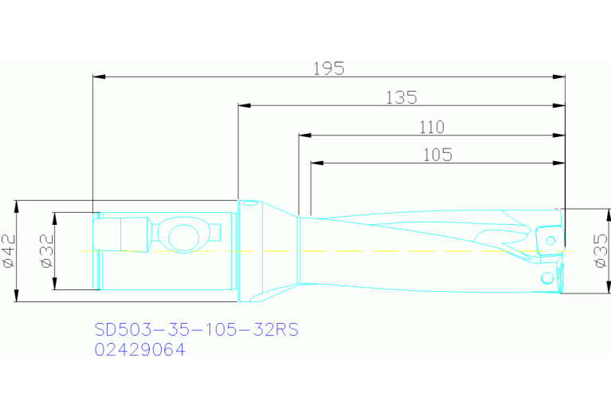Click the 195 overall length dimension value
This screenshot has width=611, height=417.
click(x=328, y=69)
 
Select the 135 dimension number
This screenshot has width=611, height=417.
click(x=401, y=97)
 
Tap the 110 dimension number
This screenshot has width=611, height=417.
click(x=431, y=127)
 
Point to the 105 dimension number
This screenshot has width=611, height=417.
click(x=437, y=155)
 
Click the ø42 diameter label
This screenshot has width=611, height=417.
click(x=10, y=251)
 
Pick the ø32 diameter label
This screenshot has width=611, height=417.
click(x=47, y=252)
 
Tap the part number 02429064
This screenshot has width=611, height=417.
click(x=139, y=349)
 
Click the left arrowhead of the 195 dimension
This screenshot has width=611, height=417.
click(x=100, y=77)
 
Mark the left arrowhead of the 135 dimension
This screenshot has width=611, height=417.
click(x=245, y=106)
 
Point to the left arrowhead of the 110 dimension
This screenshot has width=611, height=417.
click(x=305, y=136)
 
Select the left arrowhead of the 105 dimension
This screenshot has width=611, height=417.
click(x=317, y=164)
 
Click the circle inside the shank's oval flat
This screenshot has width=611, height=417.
click(x=182, y=236)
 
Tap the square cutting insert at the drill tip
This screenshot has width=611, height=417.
click(x=547, y=238)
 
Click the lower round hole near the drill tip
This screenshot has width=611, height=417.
click(x=546, y=277)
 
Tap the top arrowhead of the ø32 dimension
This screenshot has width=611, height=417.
click(x=54, y=218)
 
